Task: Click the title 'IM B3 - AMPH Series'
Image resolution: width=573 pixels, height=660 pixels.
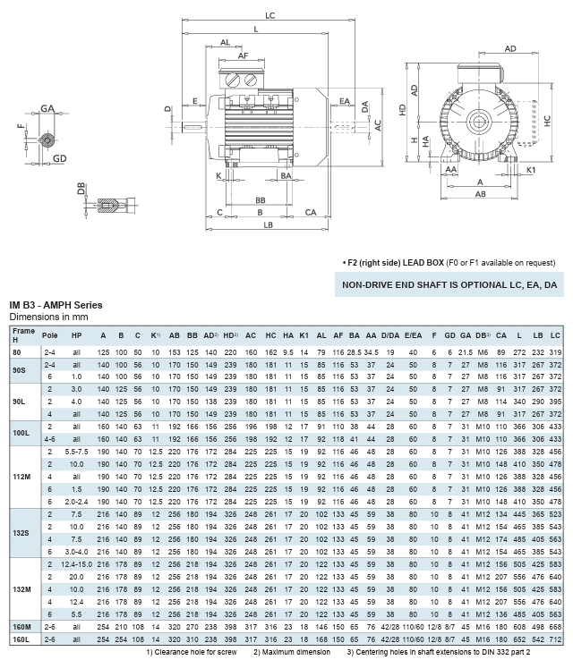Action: (56, 306)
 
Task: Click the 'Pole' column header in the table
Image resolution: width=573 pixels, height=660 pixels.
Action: (51, 334)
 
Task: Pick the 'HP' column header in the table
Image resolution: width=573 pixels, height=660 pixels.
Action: (77, 334)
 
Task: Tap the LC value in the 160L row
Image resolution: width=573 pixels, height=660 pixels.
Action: (556, 639)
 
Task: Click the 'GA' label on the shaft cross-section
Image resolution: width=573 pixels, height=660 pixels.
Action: (47, 108)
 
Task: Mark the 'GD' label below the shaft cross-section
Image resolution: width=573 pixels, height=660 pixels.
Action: (59, 158)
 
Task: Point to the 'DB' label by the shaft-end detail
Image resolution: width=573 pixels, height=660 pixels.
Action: (81, 190)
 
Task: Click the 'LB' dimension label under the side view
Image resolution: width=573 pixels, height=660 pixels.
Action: (268, 224)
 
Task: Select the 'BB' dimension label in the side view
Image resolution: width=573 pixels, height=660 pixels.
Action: (261, 200)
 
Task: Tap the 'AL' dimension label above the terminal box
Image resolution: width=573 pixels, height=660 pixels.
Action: (225, 42)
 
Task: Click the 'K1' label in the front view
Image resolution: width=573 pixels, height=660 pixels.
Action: (532, 169)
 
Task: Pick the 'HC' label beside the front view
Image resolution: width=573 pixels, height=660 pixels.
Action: (547, 125)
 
